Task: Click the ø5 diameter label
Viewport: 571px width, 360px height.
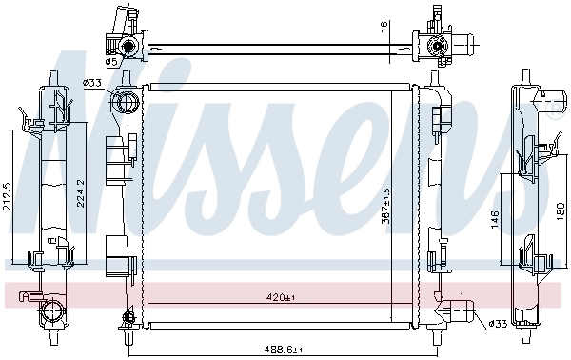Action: (x=110, y=62)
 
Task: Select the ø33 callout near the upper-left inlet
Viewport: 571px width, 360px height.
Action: (x=92, y=83)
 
